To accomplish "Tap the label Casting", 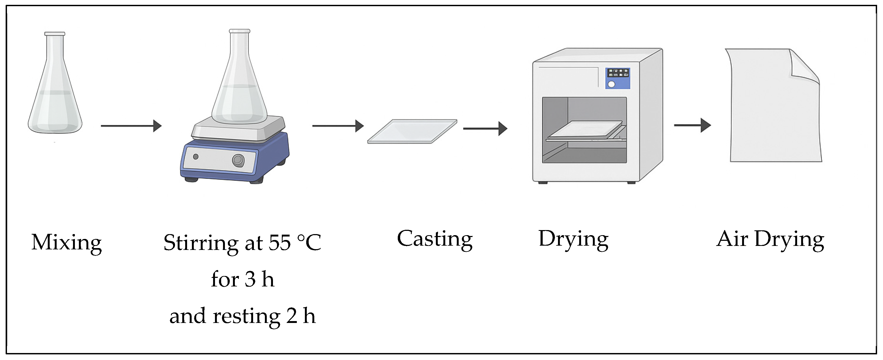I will tap(435, 239).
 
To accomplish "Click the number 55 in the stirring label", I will tap(279, 243).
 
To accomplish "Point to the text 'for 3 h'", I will tap(242, 279).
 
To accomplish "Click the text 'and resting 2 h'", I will tap(242, 316).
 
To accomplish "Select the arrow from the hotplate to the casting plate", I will tap(338, 126).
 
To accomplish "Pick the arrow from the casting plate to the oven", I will tap(485, 129).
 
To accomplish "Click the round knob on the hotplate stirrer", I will tap(238, 160).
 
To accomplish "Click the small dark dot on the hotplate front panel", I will tap(196, 157).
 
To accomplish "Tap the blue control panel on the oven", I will tap(618, 78).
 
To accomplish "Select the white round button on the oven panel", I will tap(611, 84).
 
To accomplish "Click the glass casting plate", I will tap(412, 131).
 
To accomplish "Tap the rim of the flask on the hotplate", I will tap(239, 31).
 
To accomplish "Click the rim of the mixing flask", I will tap(54, 34).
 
